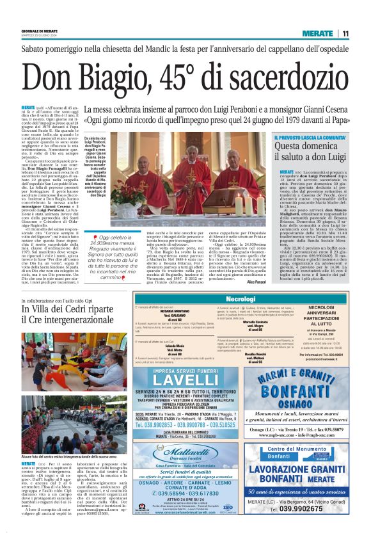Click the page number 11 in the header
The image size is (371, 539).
(345, 33)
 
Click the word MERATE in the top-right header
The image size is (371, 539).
(317, 33)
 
